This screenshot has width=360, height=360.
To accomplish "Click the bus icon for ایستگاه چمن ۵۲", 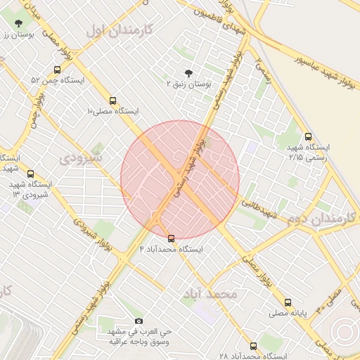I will coord(57,70).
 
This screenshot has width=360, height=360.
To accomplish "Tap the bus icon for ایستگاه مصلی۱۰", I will coord(113,101).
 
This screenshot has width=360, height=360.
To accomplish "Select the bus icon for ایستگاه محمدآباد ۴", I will coord(171,238).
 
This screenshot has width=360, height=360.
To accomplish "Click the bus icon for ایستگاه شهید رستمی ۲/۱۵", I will coord(308,137).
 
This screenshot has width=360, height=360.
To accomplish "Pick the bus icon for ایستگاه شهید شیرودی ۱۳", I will coord(30,173).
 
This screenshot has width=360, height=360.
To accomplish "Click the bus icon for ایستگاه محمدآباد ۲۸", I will coord(254,346).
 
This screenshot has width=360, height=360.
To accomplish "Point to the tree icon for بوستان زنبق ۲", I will coord(188,73).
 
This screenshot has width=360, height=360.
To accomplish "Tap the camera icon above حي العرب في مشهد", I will coord(138,321).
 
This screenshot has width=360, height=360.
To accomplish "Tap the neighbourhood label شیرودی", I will coord(80,157).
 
